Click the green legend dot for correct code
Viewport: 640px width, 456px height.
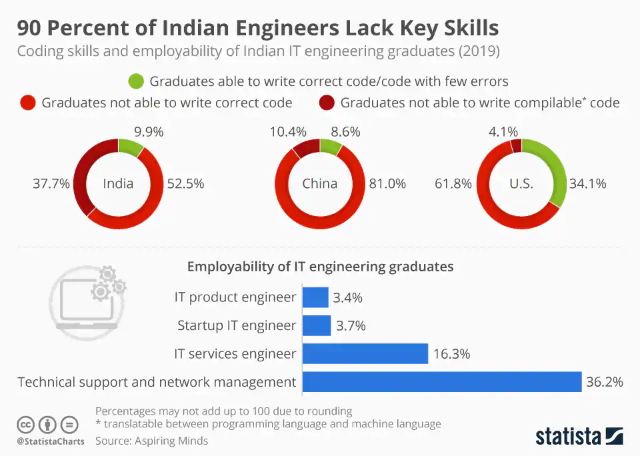[x=136, y=81]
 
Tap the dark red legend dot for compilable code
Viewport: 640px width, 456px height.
[x=327, y=103]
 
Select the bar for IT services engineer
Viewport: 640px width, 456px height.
[x=365, y=353]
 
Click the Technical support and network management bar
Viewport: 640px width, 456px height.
[x=442, y=382]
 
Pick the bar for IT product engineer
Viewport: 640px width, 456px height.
[x=315, y=297]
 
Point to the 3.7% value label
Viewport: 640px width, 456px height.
[x=350, y=325]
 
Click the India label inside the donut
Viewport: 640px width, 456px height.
[x=118, y=184]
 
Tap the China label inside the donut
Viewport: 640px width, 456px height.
[x=320, y=184]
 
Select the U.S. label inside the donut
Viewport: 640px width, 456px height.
[x=521, y=184]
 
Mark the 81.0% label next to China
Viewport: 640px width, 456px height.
[x=387, y=184]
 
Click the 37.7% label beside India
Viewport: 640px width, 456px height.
[x=51, y=184]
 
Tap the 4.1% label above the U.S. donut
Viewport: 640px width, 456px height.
[x=503, y=133]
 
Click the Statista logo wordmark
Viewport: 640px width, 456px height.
[x=568, y=437]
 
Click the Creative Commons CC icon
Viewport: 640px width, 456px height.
[x=25, y=425]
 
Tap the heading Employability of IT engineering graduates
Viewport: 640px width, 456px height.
[x=320, y=267]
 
